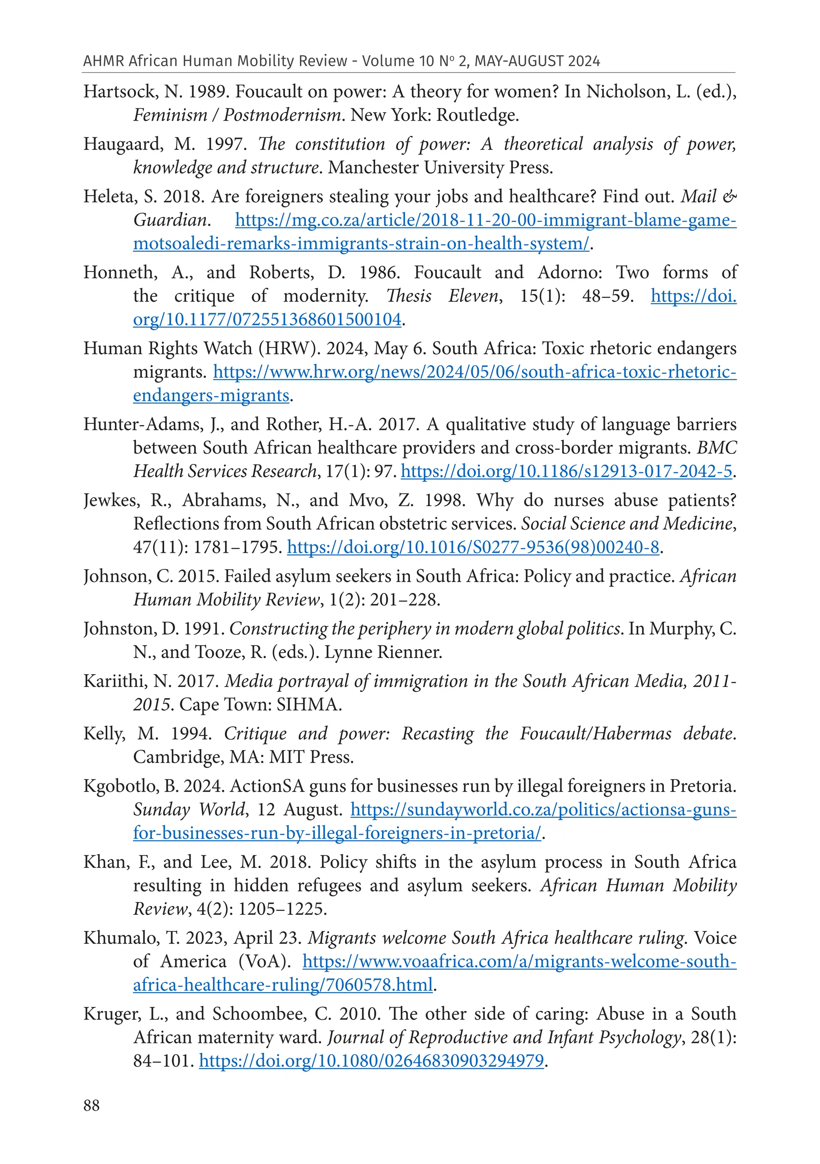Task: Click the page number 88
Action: (92, 1105)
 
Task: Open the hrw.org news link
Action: (474, 372)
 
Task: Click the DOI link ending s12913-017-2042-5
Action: (567, 471)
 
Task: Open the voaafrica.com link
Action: (519, 962)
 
